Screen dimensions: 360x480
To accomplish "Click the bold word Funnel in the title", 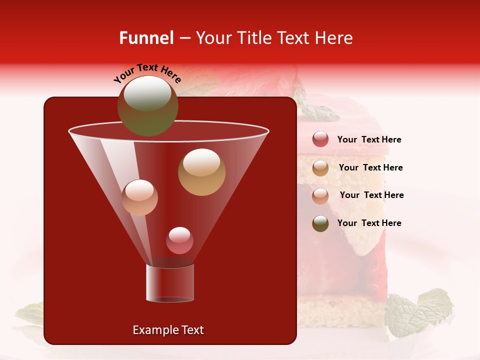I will [146, 38].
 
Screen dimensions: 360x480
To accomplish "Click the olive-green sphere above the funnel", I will [147, 105].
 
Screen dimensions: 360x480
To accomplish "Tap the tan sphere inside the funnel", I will [201, 172].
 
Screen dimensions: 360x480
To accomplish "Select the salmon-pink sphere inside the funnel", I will [139, 197].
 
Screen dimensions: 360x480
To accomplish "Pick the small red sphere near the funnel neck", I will [179, 240].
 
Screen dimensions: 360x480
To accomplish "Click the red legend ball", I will [320, 139].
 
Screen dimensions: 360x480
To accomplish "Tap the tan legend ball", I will [320, 167].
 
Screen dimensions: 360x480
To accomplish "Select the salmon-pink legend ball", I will [320, 195].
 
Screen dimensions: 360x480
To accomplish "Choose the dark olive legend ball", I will [320, 223].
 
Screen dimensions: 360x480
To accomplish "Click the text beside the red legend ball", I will [369, 140].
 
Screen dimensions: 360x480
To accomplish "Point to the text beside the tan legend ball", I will [370, 168].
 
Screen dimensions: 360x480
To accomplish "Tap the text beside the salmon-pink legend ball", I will [371, 195].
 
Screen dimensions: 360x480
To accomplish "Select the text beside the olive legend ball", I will [369, 223].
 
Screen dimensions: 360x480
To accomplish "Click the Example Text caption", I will [168, 330].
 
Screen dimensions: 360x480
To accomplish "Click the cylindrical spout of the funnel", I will [170, 282].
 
